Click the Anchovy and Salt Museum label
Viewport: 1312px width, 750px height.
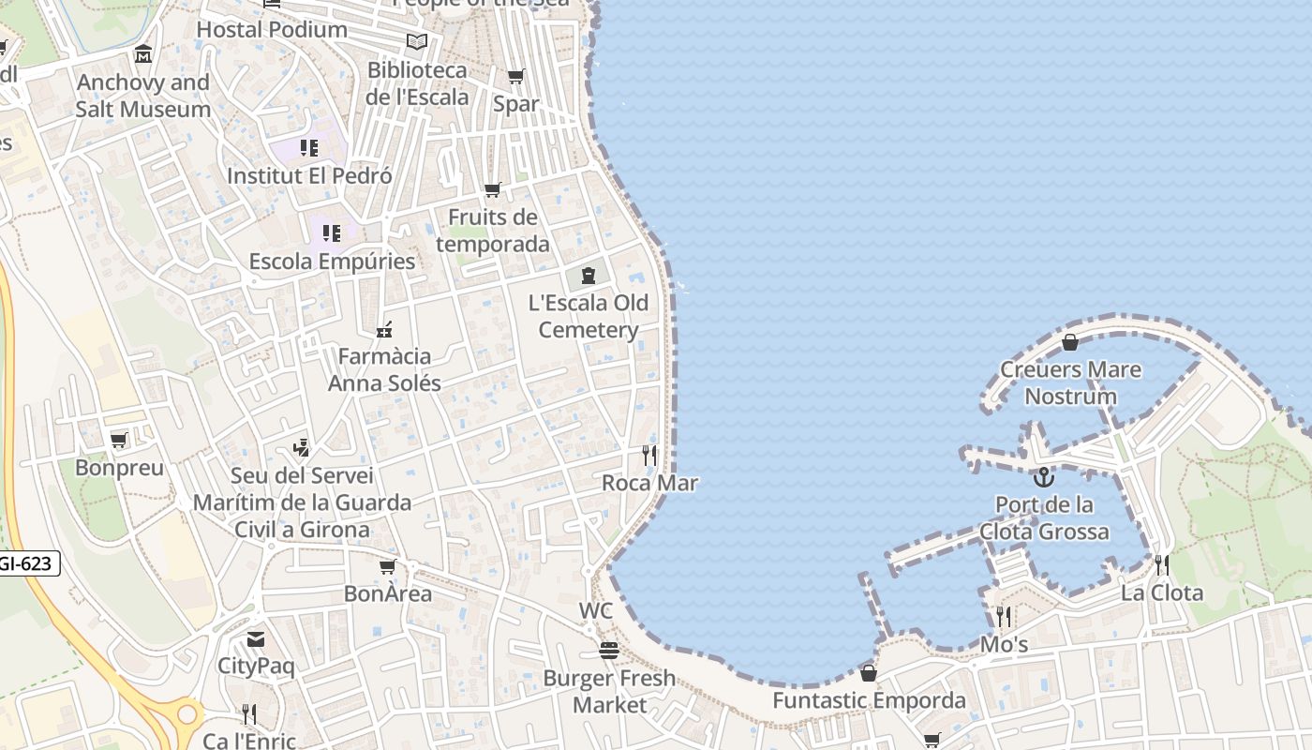142,96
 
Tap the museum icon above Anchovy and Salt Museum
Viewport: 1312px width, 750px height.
142,54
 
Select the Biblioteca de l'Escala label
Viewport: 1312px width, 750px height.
417,83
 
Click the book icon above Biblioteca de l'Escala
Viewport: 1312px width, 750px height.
417,42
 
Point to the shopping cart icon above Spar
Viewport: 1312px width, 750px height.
515,76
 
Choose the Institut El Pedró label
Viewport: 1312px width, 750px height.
309,175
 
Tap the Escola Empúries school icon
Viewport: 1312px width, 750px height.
332,232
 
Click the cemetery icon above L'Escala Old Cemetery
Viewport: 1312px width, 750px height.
588,276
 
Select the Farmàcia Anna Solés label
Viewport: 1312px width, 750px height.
384,369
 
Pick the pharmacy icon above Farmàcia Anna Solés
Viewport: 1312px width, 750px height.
383,329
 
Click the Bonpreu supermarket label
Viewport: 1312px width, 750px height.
119,467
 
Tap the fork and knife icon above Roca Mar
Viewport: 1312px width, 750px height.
649,456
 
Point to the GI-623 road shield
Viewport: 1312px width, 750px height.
28,563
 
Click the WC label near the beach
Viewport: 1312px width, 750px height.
596,611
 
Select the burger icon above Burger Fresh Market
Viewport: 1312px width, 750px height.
609,651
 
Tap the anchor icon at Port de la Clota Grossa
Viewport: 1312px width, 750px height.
1044,477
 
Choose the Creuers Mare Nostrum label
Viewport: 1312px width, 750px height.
1070,382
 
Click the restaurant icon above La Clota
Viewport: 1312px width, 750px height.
1161,565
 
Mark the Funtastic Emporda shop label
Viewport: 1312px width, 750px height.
869,700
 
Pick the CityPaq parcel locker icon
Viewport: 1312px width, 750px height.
256,639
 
